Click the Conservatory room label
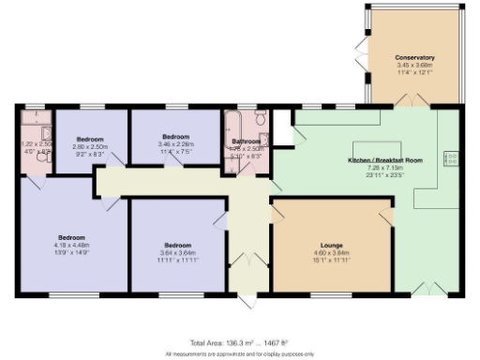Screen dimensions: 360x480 point(414,57)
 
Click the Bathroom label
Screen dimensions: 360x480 point(247,142)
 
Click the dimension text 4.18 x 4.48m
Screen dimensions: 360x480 point(71,246)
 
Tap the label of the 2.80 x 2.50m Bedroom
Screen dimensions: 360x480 point(90,139)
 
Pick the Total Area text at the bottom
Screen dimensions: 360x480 point(239,344)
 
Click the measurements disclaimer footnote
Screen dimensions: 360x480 point(239,354)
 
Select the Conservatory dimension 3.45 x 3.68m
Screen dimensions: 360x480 point(414,65)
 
